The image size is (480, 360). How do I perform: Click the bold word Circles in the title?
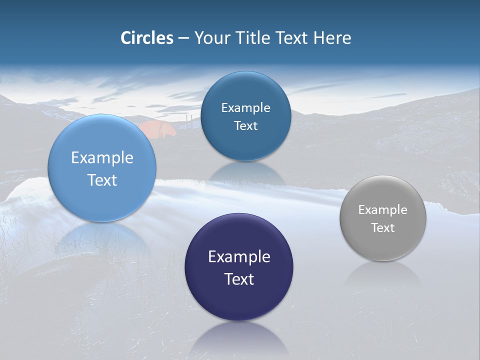tap(147, 38)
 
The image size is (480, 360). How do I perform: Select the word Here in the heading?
tap(332, 38)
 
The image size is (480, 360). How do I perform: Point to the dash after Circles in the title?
tap(183, 38)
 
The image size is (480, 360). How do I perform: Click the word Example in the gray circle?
tap(383, 210)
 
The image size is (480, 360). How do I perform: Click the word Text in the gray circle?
tap(383, 228)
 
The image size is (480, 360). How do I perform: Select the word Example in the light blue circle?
tap(102, 158)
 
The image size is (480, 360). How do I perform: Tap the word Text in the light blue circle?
tap(102, 180)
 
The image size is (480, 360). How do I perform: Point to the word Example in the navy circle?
tap(239, 257)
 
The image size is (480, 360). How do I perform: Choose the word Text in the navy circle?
tap(239, 279)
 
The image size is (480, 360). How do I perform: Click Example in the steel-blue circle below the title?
tap(245, 108)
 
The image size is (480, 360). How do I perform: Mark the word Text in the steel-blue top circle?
tap(245, 126)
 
